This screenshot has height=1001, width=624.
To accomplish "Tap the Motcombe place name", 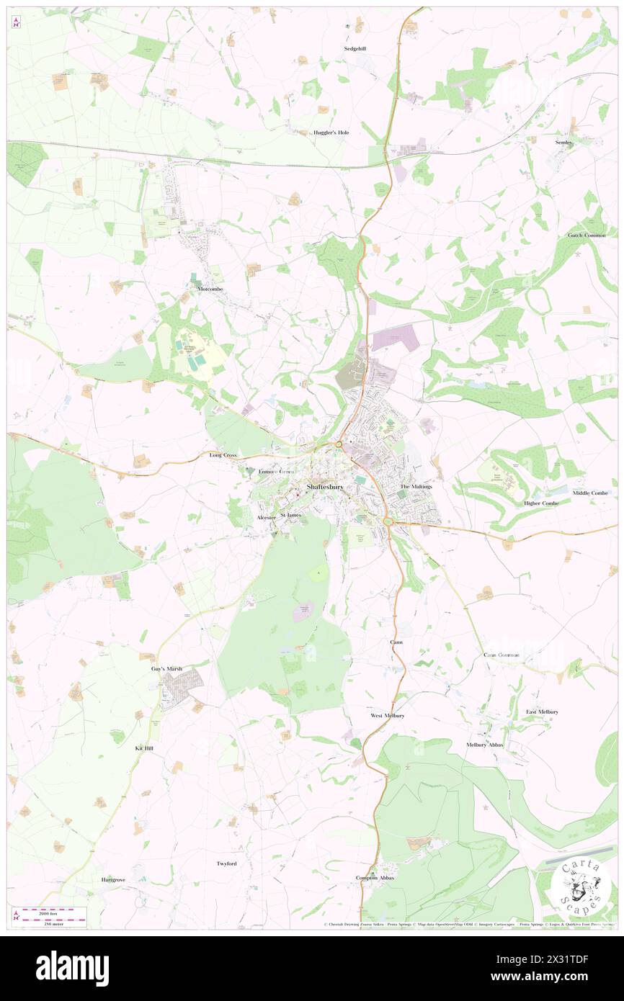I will click(213, 288).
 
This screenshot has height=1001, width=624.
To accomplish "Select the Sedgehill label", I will click(355, 49).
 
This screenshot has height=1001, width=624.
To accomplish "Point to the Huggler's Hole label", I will click(331, 133).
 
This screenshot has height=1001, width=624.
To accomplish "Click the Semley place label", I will click(563, 143).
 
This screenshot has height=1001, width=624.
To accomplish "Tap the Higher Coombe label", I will click(541, 503).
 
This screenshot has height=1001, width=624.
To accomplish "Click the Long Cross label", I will click(223, 455).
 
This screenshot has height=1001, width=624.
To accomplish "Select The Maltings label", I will click(416, 487).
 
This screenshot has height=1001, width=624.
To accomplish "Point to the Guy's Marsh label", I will click(166, 669).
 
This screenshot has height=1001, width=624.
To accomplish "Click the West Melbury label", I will click(387, 716).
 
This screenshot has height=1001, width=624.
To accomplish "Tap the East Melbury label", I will click(542, 712).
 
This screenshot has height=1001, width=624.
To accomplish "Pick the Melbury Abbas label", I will click(485, 745).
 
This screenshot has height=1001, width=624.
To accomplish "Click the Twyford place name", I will click(226, 863).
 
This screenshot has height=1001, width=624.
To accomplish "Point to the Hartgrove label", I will click(113, 880).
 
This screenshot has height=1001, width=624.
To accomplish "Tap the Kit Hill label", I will click(144, 748).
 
